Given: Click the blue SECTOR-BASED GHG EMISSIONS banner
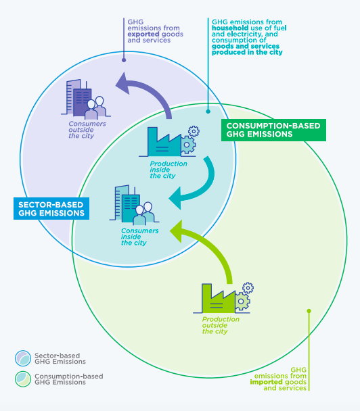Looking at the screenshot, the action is tap(51, 209).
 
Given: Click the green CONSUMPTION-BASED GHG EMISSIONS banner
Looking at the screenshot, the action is tap(273, 130).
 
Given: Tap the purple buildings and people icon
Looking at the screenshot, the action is tap(86, 99).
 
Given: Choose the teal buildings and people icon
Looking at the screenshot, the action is tap(134, 205).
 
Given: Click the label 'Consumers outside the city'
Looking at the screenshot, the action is tap(87, 130).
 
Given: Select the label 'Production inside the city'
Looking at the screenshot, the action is tap(168, 170).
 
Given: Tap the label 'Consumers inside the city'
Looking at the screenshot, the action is tap(139, 237).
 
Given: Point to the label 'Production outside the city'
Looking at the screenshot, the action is tap(221, 325).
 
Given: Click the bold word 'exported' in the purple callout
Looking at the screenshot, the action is tap(143, 34).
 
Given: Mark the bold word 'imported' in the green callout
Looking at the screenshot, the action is tap(266, 382).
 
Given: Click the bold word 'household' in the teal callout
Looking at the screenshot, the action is tap(230, 28).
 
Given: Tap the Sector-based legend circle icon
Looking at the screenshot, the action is tap(23, 358).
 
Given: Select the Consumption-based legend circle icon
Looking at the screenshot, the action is tap(23, 379).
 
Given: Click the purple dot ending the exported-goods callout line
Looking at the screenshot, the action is tap(124, 60).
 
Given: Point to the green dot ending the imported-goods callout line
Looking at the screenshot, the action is tap(309, 311).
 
